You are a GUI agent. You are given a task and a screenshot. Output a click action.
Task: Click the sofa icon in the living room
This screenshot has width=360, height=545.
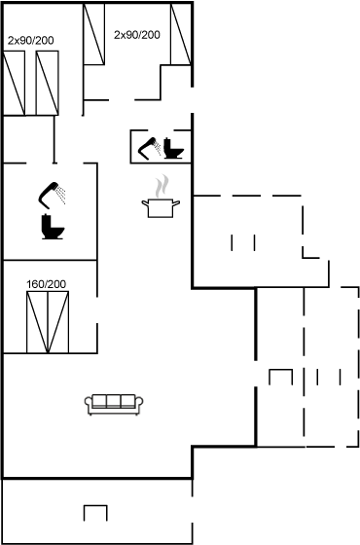pyautogui.click(x=114, y=404)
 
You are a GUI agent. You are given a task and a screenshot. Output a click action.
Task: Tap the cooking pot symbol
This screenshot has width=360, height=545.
pyautogui.click(x=161, y=208)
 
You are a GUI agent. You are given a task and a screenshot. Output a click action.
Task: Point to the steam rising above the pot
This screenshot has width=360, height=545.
pyautogui.click(x=162, y=186)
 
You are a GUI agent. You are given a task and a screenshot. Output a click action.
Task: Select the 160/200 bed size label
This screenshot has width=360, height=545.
pyautogui.click(x=47, y=284)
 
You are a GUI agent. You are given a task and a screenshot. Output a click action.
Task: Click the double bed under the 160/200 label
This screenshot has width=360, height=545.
pyautogui.click(x=48, y=322)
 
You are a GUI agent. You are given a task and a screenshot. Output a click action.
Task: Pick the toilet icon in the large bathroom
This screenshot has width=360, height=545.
pyautogui.click(x=53, y=227)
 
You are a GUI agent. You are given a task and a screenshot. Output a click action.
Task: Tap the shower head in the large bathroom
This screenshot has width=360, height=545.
pyautogui.click(x=52, y=195)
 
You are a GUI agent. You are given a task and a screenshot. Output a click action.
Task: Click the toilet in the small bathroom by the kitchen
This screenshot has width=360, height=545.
pyautogui.click(x=173, y=148)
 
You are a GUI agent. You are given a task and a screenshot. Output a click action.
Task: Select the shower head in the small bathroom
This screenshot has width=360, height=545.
pyautogui.click(x=149, y=148)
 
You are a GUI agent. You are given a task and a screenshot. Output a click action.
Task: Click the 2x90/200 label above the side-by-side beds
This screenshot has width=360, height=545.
pyautogui.click(x=31, y=41)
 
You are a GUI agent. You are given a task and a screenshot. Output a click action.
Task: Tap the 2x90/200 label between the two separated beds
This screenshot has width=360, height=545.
pyautogui.click(x=137, y=35)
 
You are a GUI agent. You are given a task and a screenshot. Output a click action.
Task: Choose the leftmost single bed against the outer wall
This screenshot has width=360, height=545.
pyautogui.click(x=14, y=83)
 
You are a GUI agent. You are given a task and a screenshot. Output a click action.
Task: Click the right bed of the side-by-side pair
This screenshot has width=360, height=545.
pyautogui.click(x=48, y=83)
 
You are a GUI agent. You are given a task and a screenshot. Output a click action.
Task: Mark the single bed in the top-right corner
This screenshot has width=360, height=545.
pyautogui.click(x=181, y=34)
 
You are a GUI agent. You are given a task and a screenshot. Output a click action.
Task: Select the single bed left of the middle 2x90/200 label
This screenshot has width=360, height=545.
pyautogui.click(x=93, y=34)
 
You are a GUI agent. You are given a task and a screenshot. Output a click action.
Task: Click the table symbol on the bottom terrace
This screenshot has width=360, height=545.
pyautogui.click(x=95, y=513)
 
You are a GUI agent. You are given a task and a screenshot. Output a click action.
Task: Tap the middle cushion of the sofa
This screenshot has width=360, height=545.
pyautogui.click(x=114, y=401)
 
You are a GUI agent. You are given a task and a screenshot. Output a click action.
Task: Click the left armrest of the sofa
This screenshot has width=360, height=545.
pyautogui.click(x=89, y=403)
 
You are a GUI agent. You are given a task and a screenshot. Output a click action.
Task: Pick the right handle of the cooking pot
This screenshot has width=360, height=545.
pyautogui.click(x=176, y=202)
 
